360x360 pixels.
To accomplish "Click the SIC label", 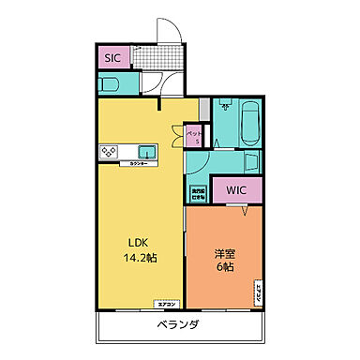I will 112,57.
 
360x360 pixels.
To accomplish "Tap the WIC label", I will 235,189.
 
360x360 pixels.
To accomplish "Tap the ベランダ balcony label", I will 176,326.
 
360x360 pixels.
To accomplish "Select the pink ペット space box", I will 193,135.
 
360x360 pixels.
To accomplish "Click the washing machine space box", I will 199,195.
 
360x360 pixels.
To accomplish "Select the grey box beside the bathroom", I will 204,108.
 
